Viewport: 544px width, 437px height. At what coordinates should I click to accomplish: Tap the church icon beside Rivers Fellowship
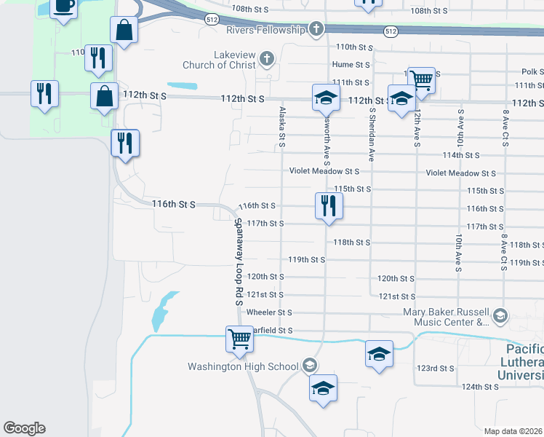[x=316, y=30]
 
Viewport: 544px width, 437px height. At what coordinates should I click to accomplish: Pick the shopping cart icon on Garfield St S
[x=239, y=339]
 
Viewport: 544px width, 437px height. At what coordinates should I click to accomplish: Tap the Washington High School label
[x=243, y=366]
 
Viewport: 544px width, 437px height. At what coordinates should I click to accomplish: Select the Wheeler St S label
[x=269, y=312]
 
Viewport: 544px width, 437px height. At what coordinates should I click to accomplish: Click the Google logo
[x=24, y=428]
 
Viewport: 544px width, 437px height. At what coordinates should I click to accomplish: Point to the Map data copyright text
[x=513, y=431]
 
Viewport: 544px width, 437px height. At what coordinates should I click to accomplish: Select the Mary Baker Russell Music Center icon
[x=500, y=315]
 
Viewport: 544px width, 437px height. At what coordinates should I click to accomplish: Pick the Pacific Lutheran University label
[x=521, y=362]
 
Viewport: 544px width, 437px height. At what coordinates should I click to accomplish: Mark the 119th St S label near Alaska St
[x=306, y=259]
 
